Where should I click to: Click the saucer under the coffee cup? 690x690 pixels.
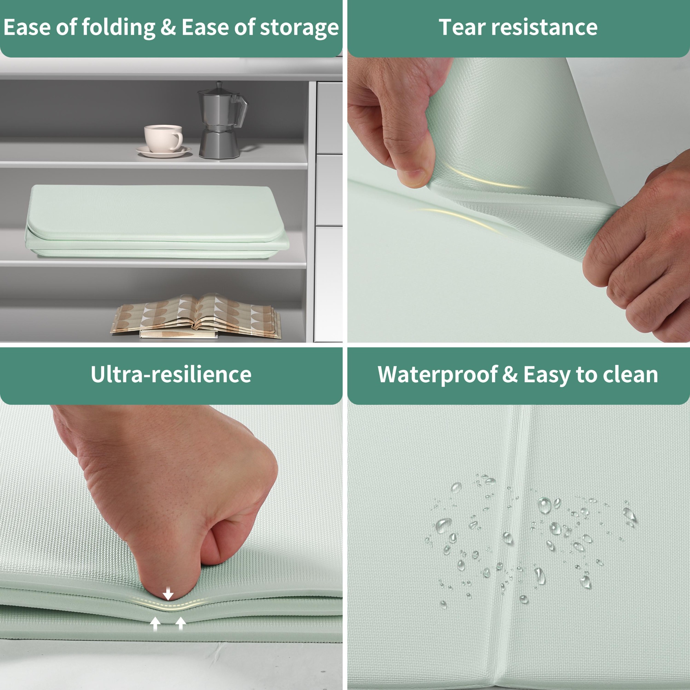pos(163,151)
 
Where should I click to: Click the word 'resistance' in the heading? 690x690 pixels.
pos(544,28)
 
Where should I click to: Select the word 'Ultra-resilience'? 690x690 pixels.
pos(171,374)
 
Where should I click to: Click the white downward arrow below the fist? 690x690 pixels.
pos(168,594)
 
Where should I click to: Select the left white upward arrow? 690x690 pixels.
pos(155,623)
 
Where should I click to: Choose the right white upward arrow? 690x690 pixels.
pos(181,623)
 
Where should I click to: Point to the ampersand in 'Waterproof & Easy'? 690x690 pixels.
pos(510,374)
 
